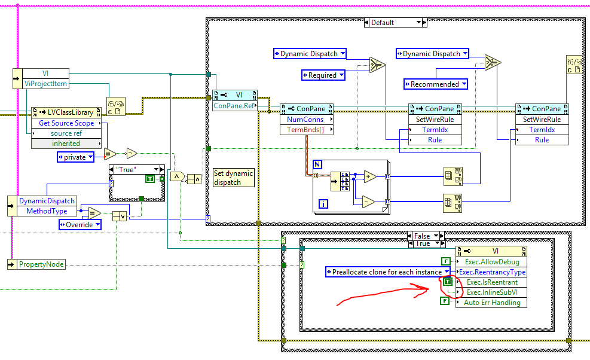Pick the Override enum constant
[x=80, y=224]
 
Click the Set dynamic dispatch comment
[x=234, y=178]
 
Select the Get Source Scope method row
[x=66, y=123]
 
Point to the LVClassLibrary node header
[x=66, y=113]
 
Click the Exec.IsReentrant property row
[x=491, y=282]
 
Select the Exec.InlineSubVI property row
[x=491, y=292]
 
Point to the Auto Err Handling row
[x=491, y=303]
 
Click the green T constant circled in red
[x=448, y=282]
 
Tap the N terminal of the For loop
[x=317, y=164]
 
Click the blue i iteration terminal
[x=323, y=204]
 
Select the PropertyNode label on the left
[x=41, y=264]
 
